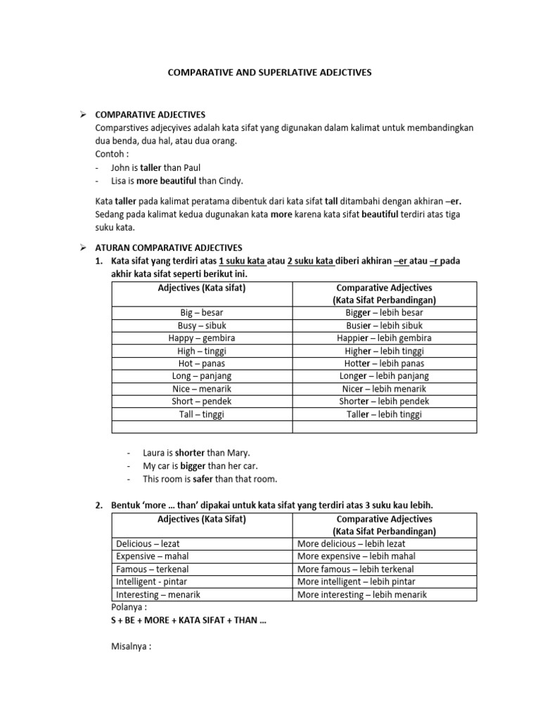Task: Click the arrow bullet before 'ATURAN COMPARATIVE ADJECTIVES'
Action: (82, 247)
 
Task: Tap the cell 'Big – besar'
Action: (202, 312)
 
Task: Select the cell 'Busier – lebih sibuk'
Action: (384, 326)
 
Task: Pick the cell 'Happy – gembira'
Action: (202, 338)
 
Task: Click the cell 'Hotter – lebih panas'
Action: (384, 364)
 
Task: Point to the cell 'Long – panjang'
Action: (202, 376)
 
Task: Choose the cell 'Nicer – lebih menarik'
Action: (384, 389)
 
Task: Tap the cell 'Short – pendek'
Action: (202, 401)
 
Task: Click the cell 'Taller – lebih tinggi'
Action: (384, 414)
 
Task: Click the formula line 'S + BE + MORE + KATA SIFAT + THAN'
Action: (189, 620)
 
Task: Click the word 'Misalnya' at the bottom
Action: (131, 646)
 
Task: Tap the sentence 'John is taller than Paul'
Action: (155, 167)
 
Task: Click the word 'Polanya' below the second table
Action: (129, 607)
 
